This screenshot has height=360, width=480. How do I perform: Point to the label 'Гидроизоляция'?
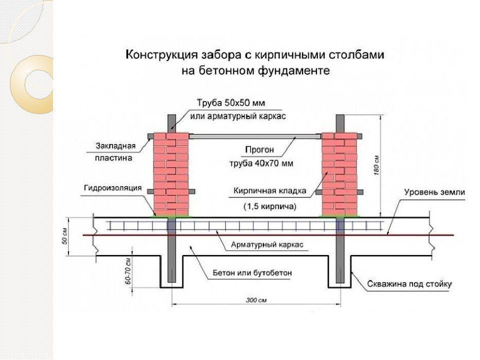coord(112,188)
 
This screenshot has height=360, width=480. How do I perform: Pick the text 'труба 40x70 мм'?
coord(261,163)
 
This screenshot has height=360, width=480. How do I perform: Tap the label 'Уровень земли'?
coord(434,192)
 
